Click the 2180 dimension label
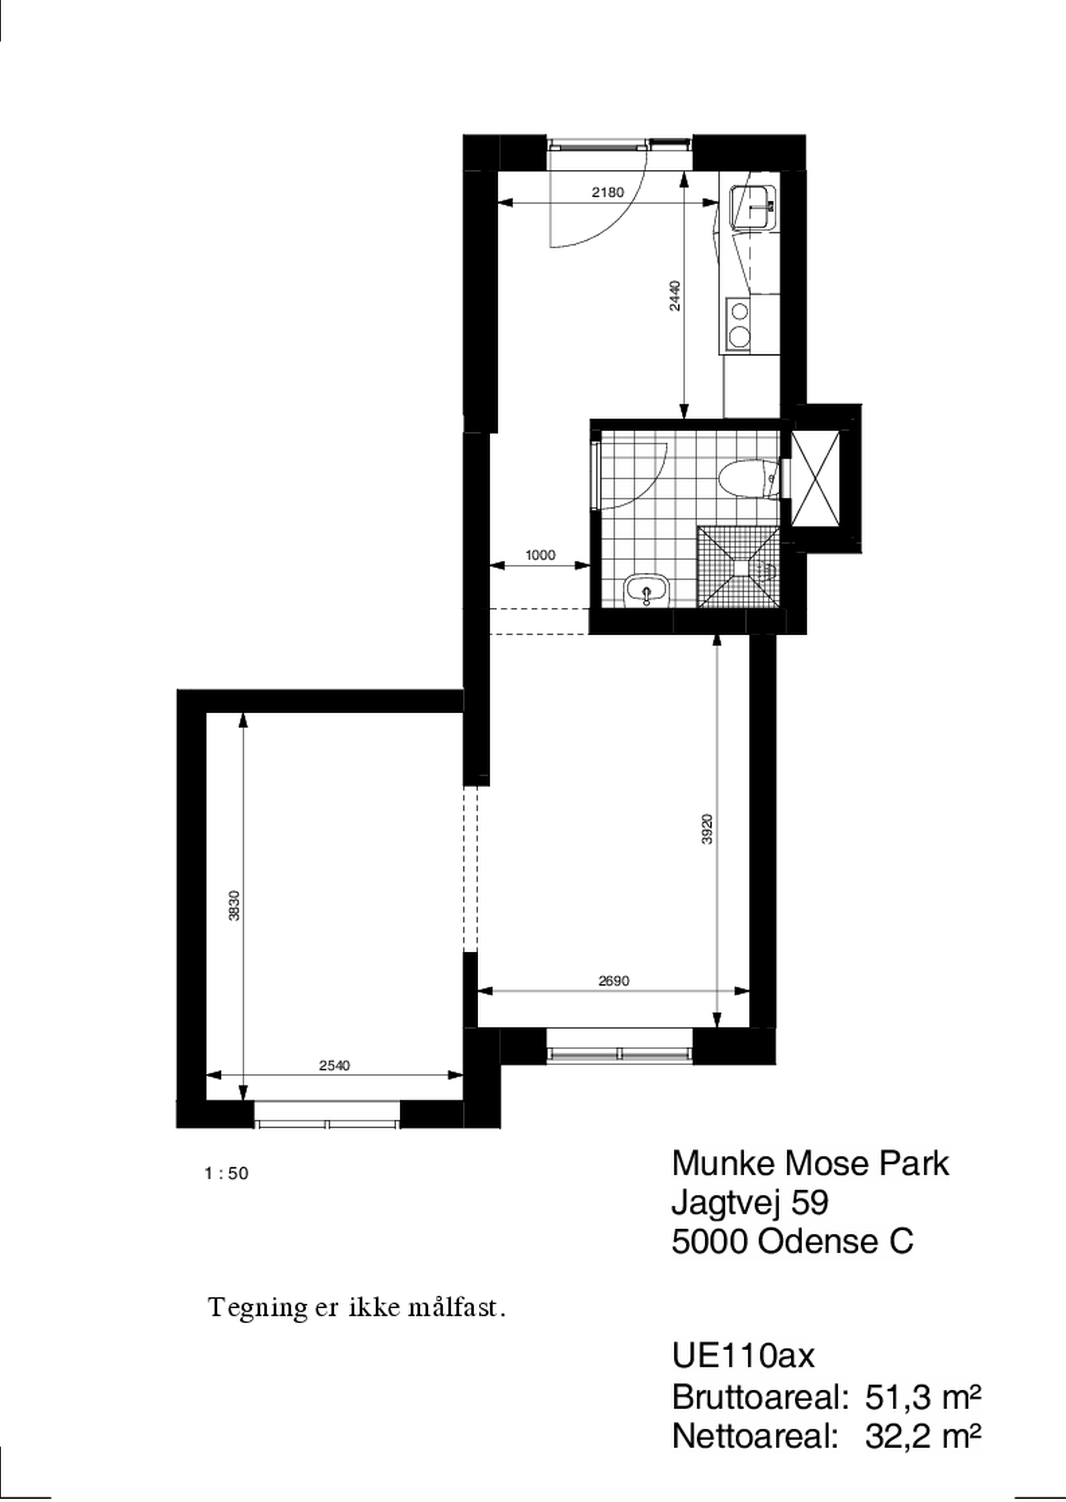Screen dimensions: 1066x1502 coord(607,192)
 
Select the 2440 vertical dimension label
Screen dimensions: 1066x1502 coord(676,295)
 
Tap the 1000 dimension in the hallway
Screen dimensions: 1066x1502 coord(540,555)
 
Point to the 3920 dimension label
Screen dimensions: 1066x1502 coord(707,829)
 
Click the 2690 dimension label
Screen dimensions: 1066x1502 coord(614,981)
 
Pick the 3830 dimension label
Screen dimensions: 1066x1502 coord(235,905)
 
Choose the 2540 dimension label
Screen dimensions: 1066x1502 coord(335,1065)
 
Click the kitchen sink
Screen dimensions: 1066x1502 coord(754,207)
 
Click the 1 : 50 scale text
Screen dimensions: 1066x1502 coord(227,1173)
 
